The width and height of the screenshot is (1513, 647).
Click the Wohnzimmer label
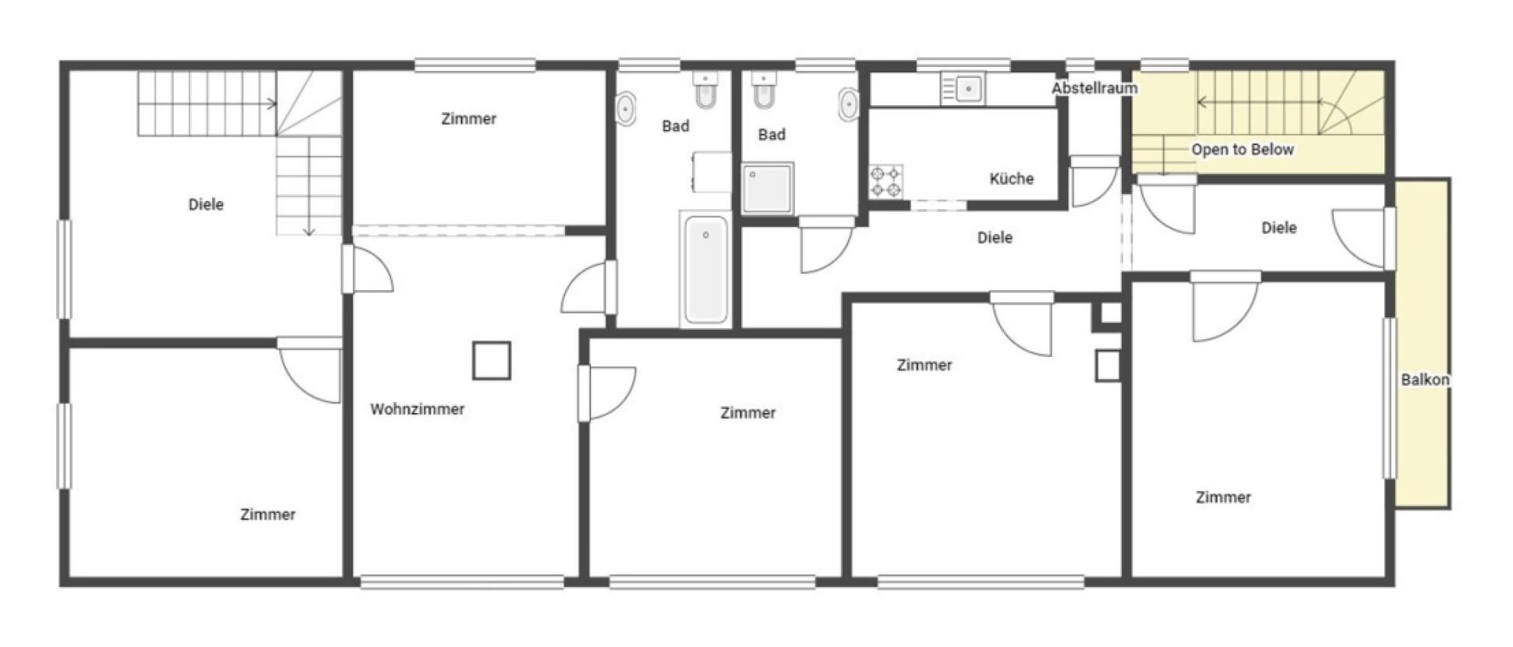[x=417, y=409]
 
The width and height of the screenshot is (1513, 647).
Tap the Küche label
[x=1011, y=179]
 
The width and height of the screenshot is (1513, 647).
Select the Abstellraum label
[x=1094, y=88]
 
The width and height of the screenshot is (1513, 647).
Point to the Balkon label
[x=1425, y=380]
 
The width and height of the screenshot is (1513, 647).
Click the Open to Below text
[x=1243, y=149]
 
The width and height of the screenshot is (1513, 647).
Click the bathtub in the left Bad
[x=705, y=269]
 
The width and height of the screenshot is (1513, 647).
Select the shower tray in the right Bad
[x=767, y=188]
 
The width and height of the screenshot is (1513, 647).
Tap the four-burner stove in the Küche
[x=886, y=182]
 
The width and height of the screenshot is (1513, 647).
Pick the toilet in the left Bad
[x=705, y=90]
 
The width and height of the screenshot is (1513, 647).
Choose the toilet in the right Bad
[x=763, y=90]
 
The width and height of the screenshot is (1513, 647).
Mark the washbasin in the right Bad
[x=849, y=104]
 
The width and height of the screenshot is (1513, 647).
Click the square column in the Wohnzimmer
[x=491, y=361]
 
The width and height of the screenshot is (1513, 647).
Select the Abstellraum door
[x=1094, y=181]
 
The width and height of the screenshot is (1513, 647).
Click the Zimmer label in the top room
[x=468, y=118]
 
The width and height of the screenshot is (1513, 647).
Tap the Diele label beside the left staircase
[x=206, y=204]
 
